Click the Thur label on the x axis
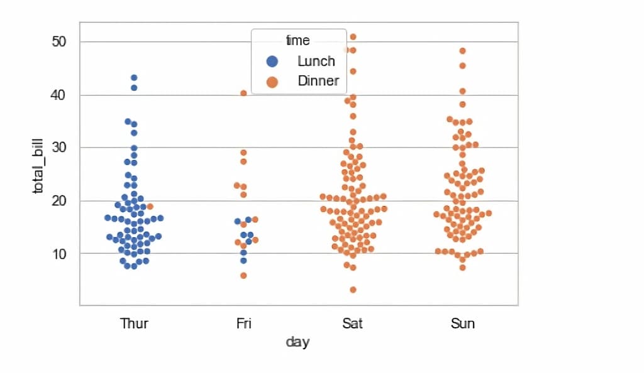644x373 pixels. pyautogui.click(x=134, y=324)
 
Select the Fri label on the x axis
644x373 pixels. pyautogui.click(x=243, y=324)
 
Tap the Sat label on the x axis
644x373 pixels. pyautogui.click(x=353, y=324)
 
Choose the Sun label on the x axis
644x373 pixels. pyautogui.click(x=463, y=324)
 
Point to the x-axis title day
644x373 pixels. pyautogui.click(x=298, y=342)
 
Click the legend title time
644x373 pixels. pyautogui.click(x=298, y=41)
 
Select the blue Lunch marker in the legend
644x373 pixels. pyautogui.click(x=272, y=62)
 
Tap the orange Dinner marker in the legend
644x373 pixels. pyautogui.click(x=272, y=82)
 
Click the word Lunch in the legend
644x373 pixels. pyautogui.click(x=316, y=62)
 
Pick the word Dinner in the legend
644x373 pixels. pyautogui.click(x=318, y=82)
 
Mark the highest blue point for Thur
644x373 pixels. pyautogui.click(x=134, y=78)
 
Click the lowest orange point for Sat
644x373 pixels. pyautogui.click(x=353, y=289)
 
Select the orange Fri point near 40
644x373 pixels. pyautogui.click(x=243, y=93)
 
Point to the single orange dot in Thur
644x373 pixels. pyautogui.click(x=150, y=207)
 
